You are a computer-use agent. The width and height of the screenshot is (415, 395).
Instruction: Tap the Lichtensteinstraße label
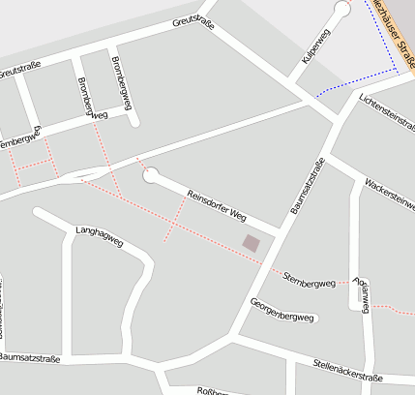click(385, 114)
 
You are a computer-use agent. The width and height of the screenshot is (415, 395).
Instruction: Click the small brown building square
click(251, 243)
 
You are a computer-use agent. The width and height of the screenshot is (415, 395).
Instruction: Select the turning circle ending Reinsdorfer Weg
click(150, 175)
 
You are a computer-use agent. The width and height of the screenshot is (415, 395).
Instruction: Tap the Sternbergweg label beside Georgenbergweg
click(309, 282)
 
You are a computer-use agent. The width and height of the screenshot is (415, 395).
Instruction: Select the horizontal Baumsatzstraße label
click(29, 359)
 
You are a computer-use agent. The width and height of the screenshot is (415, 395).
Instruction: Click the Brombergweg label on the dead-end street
click(118, 76)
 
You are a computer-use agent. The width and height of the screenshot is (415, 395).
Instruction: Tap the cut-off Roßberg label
click(212, 390)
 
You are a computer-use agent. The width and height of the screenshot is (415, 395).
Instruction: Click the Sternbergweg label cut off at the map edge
click(18, 141)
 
